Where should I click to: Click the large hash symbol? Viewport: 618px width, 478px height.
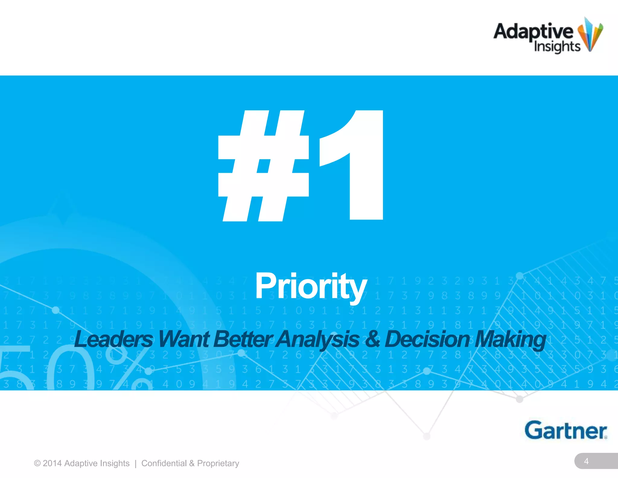coord(263,166)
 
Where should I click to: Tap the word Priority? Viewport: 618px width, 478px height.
coord(311,286)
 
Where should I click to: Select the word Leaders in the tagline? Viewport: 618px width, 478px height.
coord(113,339)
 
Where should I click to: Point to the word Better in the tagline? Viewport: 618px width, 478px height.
coord(243,339)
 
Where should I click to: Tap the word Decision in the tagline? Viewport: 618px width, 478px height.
coord(427,339)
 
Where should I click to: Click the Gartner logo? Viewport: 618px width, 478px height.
coord(565,430)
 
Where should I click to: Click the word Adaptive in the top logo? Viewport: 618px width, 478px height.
coord(533,31)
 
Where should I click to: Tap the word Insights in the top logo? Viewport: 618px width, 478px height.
coord(557,47)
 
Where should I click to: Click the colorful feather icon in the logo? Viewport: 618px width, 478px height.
coord(590,35)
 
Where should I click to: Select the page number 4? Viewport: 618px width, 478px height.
coord(586,461)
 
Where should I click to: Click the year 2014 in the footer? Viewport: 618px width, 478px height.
coord(52,463)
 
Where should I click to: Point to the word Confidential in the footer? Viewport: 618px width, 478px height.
coord(164,463)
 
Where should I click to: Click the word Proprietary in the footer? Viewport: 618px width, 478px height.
coord(218,463)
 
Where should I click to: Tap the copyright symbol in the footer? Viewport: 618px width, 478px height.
coord(37,463)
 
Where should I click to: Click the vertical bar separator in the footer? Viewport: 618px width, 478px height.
coord(135,463)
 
